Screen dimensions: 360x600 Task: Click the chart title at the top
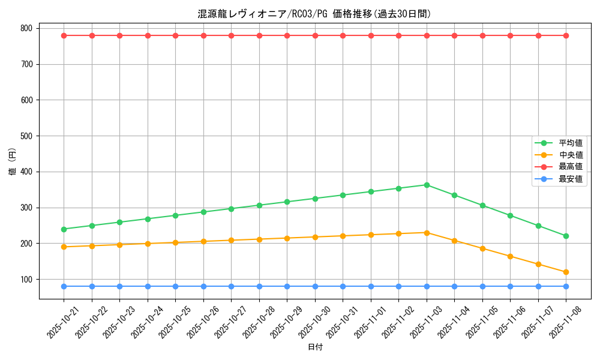314,14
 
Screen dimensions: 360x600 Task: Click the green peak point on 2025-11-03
427,185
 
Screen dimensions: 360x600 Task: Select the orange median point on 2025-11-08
566,272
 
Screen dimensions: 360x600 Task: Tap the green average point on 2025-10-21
64,229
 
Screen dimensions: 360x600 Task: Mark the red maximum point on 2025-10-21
64,35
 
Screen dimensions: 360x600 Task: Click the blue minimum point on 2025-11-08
566,286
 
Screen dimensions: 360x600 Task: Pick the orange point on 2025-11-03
427,233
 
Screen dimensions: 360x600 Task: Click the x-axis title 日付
315,347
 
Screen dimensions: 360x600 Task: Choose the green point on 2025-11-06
510,215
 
